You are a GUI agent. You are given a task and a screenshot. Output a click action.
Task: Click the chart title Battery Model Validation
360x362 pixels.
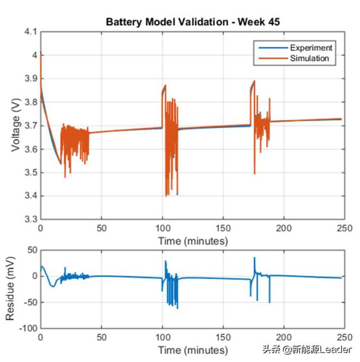click(x=193, y=22)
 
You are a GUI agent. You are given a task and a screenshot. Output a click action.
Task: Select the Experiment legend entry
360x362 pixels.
click(x=309, y=48)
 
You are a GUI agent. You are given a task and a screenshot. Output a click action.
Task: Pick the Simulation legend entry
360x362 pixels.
click(x=309, y=58)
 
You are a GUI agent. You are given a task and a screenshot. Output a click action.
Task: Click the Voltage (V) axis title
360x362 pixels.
click(x=15, y=126)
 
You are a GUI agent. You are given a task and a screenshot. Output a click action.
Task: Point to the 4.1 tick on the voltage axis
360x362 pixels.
click(x=30, y=32)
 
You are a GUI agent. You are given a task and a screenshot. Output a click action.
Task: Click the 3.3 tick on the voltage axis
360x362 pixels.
click(x=30, y=219)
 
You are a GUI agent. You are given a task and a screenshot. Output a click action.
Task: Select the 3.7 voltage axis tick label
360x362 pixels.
click(x=30, y=125)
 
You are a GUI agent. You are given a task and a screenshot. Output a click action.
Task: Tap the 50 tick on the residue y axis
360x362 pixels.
click(x=31, y=250)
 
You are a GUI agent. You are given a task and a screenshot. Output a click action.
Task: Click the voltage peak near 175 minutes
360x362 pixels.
click(x=254, y=81)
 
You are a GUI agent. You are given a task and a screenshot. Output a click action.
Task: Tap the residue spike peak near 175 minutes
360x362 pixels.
click(x=254, y=257)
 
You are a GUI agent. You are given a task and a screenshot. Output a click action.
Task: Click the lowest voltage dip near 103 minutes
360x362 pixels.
click(x=166, y=195)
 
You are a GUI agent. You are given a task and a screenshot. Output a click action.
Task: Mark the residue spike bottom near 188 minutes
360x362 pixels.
click(x=269, y=302)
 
